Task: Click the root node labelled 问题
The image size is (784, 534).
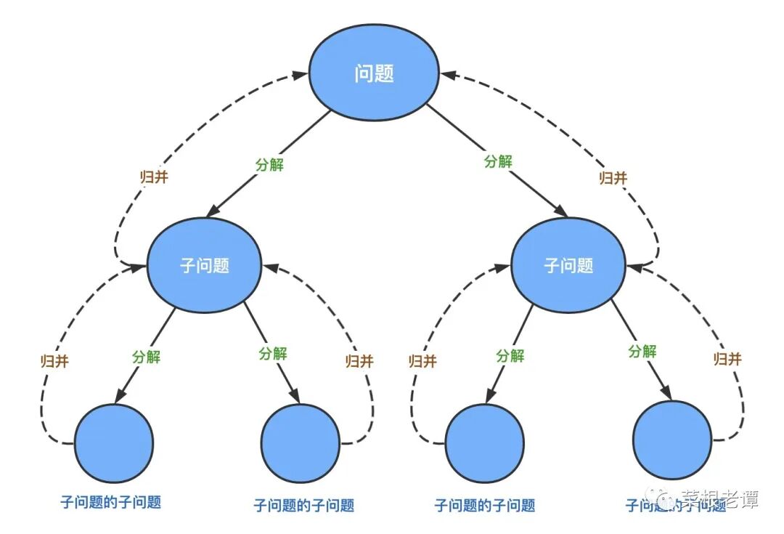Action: pyautogui.click(x=374, y=74)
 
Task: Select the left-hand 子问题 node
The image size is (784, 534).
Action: pyautogui.click(x=205, y=265)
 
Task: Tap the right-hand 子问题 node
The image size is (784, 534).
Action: pyautogui.click(x=568, y=265)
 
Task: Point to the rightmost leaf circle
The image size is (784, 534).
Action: pyautogui.click(x=672, y=440)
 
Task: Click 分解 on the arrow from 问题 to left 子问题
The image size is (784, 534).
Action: pyautogui.click(x=269, y=164)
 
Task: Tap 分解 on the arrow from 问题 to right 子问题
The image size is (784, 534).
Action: pyautogui.click(x=498, y=161)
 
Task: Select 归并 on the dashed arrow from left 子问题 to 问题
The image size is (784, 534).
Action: pyautogui.click(x=154, y=177)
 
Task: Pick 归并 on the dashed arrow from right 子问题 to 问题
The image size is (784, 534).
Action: pyautogui.click(x=613, y=177)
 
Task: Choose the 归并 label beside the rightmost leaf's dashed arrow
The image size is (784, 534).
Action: pyautogui.click(x=728, y=359)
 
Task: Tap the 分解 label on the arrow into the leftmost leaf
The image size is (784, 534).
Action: pyautogui.click(x=146, y=357)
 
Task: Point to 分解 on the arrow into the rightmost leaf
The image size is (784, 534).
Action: pyautogui.click(x=642, y=352)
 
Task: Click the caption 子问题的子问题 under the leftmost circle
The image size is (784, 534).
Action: pyautogui.click(x=110, y=502)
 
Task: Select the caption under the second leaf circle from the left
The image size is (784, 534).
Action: pyautogui.click(x=304, y=505)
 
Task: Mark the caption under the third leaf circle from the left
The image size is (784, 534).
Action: pyautogui.click(x=484, y=505)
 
